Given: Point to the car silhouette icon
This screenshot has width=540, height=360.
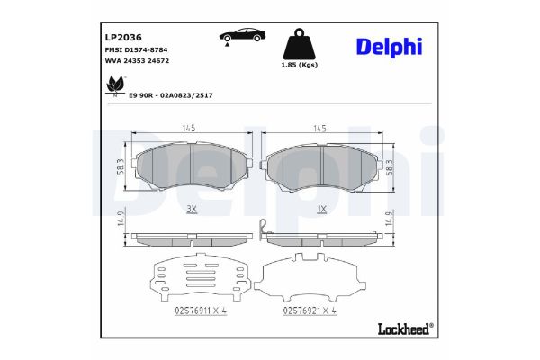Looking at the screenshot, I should click(x=240, y=35).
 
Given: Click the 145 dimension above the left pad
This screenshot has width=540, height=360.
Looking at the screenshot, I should click(x=190, y=129).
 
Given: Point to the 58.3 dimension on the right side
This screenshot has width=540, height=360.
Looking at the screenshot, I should click(x=390, y=166).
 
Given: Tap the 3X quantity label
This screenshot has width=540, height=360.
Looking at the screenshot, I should click(x=190, y=209).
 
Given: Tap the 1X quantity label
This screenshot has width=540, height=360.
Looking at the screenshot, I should click(x=322, y=209).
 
